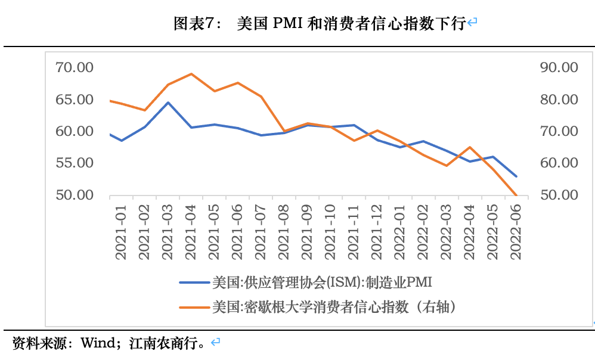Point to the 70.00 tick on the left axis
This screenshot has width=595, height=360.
74,67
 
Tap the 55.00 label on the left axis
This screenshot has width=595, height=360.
74,163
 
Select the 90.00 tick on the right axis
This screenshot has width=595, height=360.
557,67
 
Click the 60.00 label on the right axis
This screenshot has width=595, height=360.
557,163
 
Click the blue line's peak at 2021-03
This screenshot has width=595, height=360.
168,103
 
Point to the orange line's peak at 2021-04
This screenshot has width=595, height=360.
191,74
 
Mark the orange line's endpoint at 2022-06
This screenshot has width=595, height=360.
516,195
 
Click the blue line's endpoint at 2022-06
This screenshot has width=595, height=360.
516,176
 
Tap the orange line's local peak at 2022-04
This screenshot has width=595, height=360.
470,147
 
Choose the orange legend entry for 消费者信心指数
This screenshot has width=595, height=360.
334,307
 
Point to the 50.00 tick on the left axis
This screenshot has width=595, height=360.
74,195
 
